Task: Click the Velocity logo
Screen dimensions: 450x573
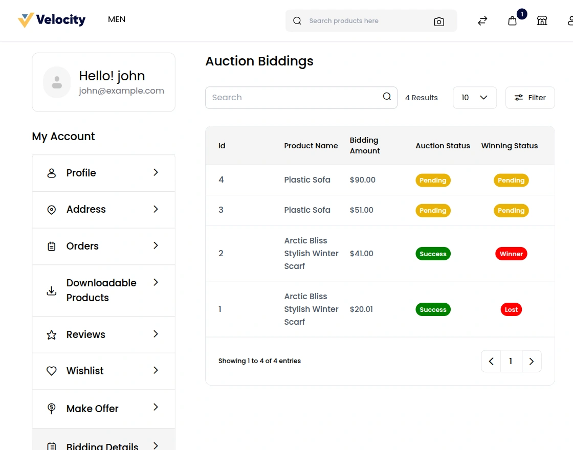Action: pos(52,20)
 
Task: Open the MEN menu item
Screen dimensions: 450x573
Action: pos(117,19)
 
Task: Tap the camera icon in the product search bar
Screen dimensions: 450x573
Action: pos(438,21)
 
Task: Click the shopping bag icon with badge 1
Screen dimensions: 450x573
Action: pos(512,21)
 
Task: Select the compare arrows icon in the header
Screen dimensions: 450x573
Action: pos(482,21)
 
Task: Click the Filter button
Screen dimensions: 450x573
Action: pos(530,98)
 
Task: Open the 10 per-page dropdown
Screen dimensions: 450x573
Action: pos(474,98)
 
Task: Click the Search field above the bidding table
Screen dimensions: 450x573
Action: pos(294,98)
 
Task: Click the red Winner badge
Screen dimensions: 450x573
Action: pos(511,254)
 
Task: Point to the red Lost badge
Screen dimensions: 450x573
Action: pos(511,309)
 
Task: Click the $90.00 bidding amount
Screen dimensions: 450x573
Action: pos(363,180)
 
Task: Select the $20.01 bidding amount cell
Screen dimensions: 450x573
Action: pos(361,309)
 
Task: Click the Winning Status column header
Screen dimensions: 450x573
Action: pos(509,146)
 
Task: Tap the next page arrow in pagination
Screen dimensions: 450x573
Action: pos(531,362)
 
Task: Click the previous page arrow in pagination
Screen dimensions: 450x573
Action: pos(491,362)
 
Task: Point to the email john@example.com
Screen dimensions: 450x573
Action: pos(121,91)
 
